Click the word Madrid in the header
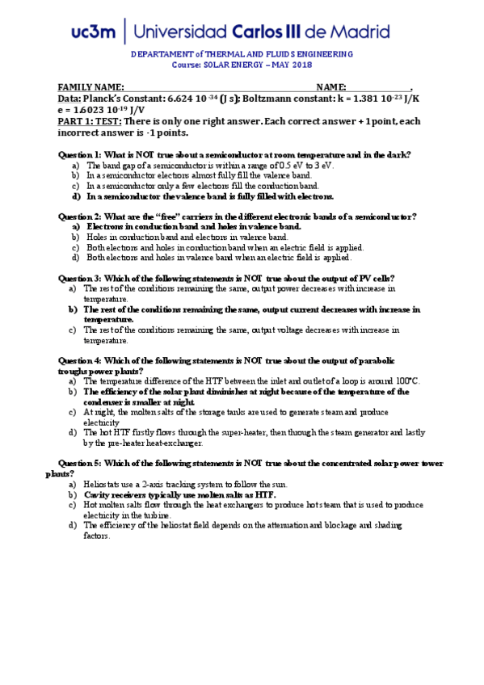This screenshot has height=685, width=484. (x=360, y=32)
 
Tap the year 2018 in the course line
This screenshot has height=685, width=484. (x=301, y=65)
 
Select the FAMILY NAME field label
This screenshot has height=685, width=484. (x=90, y=87)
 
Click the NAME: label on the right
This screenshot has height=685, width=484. (x=331, y=87)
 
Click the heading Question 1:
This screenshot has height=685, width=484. (x=80, y=153)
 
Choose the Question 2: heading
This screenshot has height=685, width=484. (x=80, y=216)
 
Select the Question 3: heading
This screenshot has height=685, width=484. (x=80, y=278)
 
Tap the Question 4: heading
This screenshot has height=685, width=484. (x=80, y=360)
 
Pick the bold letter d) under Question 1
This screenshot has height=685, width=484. (x=76, y=195)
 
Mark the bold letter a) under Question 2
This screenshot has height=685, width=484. (x=76, y=227)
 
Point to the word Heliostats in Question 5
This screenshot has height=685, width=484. (x=103, y=484)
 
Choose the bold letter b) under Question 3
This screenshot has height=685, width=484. (x=73, y=309)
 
